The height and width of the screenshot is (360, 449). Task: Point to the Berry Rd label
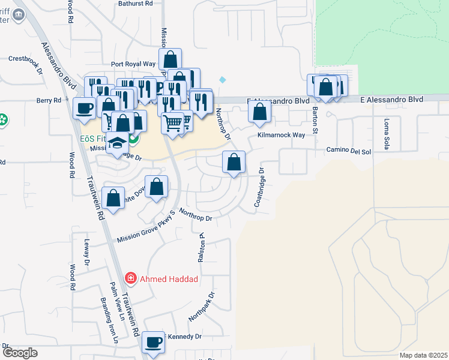(49, 101)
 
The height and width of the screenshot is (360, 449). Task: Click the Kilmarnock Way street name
(281, 136)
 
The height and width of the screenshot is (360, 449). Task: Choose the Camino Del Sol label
(349, 151)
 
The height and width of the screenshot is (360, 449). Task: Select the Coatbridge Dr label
(259, 188)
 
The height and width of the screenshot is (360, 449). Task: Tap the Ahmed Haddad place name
(169, 278)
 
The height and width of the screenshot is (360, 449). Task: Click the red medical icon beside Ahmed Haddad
(130, 278)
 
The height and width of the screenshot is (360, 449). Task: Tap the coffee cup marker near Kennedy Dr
(152, 343)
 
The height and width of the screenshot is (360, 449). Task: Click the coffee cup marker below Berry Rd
(84, 109)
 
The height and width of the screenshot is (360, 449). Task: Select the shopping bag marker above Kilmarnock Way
(259, 112)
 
